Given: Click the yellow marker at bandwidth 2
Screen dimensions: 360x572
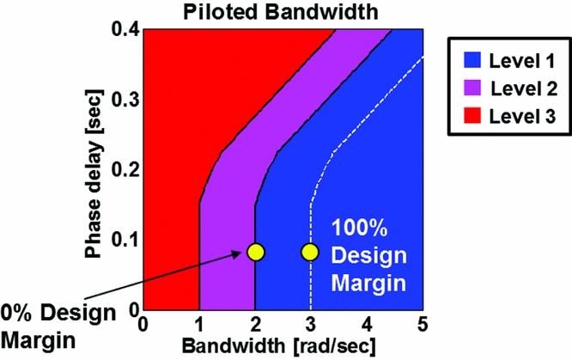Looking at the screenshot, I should tap(255, 252).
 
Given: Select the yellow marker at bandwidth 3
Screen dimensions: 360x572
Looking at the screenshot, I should tap(310, 252).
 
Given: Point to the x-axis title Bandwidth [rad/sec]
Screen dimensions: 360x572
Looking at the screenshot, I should tap(281, 346).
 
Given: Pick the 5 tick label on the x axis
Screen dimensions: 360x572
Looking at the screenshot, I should tap(422, 326).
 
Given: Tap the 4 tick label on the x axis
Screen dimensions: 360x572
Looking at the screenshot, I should tap(367, 326).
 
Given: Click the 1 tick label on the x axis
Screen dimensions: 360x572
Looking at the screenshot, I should tap(199, 326).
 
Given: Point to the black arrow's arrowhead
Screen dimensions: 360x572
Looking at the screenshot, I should tap(241, 254).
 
